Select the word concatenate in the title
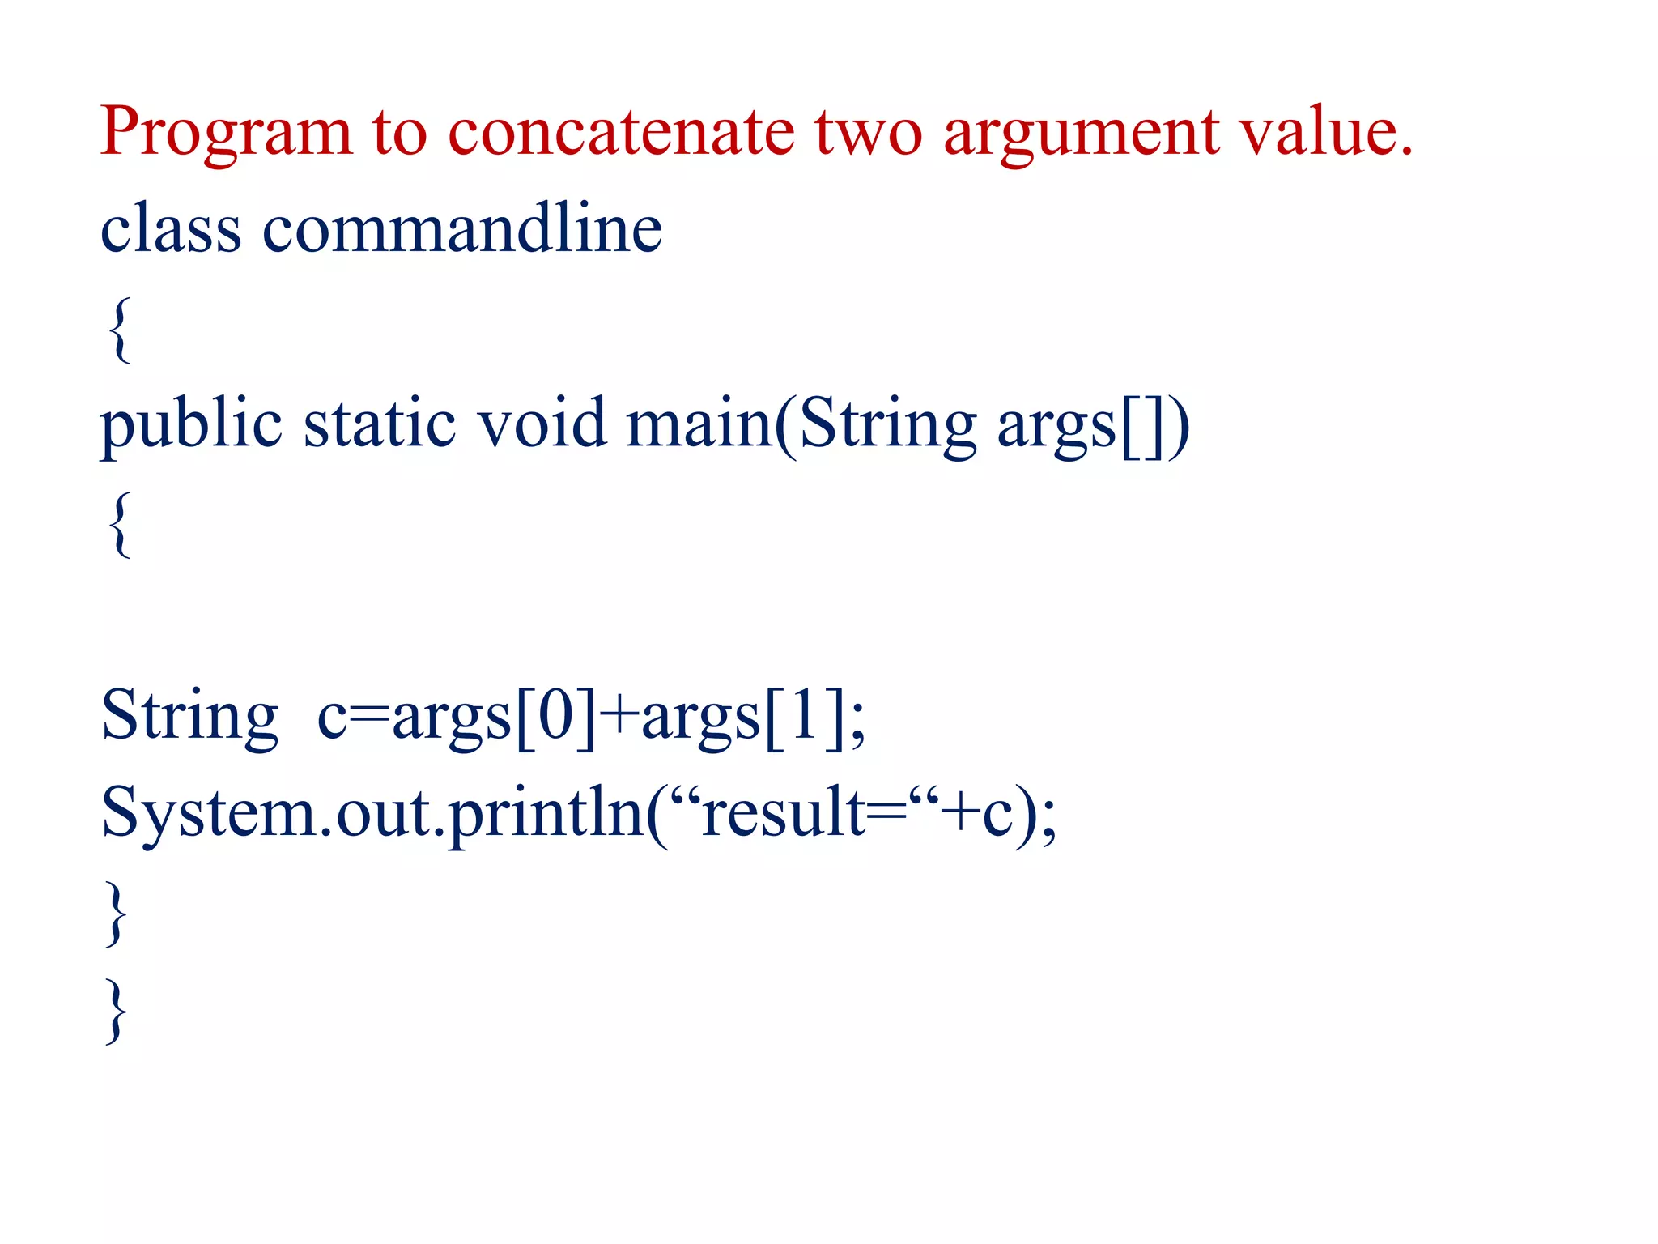click(621, 132)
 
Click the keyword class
click(171, 229)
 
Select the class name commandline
click(462, 229)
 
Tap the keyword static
click(380, 424)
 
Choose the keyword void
click(541, 424)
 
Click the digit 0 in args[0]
click(555, 716)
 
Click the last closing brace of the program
click(117, 1010)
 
